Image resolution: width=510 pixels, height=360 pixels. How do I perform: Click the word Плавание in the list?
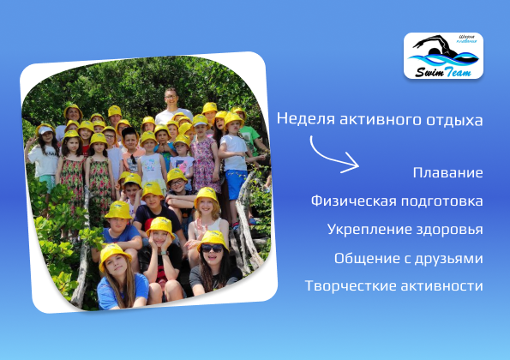click(x=448, y=172)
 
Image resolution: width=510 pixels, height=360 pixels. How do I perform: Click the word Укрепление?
click(x=365, y=229)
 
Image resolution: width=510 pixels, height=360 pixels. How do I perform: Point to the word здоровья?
click(x=445, y=230)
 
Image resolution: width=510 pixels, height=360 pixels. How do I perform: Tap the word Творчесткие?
click(x=351, y=285)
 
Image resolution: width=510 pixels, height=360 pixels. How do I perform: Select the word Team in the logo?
click(x=458, y=72)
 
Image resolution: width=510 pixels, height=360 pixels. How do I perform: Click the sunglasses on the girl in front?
click(x=212, y=249)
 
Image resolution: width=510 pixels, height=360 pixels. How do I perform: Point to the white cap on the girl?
click(x=45, y=129)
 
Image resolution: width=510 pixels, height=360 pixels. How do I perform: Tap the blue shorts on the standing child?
click(x=237, y=183)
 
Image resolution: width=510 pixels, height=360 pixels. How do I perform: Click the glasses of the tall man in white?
click(x=170, y=97)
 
